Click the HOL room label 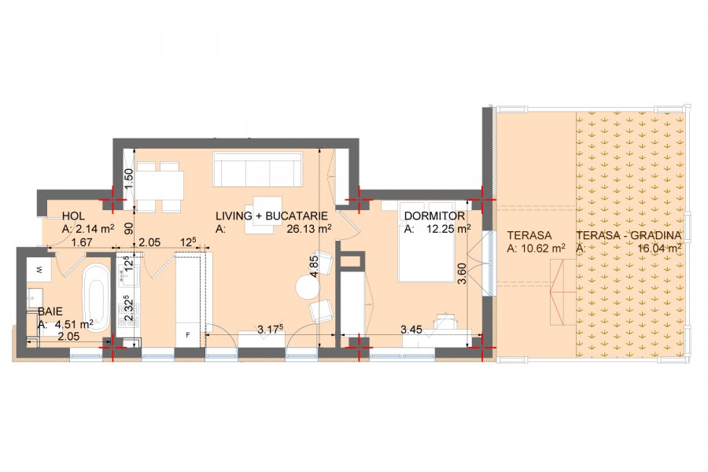click(x=73, y=216)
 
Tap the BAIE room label click(x=50, y=312)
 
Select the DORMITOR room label click(x=434, y=216)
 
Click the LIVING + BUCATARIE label click(x=271, y=216)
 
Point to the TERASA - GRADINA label click(x=629, y=235)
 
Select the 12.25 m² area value click(x=448, y=229)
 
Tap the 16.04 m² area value click(x=659, y=248)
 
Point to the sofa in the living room click(x=257, y=169)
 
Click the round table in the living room click(x=308, y=287)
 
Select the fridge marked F click(x=187, y=334)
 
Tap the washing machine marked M click(x=39, y=270)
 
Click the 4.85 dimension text click(x=314, y=267)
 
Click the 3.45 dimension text click(x=411, y=330)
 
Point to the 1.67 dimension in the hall click(x=82, y=242)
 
